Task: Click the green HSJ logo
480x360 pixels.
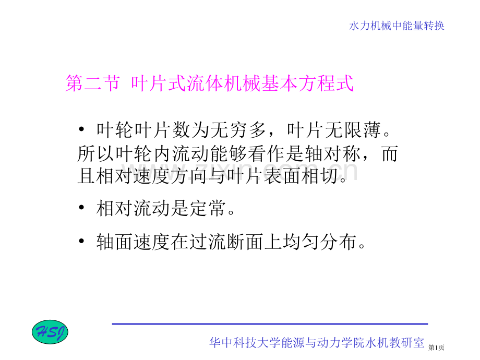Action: (x=50, y=332)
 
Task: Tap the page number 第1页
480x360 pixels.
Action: (x=436, y=347)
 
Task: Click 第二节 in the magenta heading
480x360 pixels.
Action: (x=92, y=83)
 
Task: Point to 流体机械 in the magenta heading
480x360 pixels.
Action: (x=224, y=83)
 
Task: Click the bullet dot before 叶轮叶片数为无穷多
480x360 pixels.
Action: (x=81, y=129)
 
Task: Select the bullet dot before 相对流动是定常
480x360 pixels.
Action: (x=81, y=208)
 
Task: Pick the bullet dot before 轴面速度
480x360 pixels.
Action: (x=81, y=241)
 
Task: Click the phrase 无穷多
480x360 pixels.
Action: (x=238, y=130)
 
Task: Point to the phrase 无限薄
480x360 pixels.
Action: (x=353, y=130)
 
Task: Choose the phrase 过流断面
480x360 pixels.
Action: (x=226, y=242)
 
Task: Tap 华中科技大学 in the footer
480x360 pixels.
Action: (x=245, y=343)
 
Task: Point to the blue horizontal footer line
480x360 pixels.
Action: (x=270, y=323)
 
